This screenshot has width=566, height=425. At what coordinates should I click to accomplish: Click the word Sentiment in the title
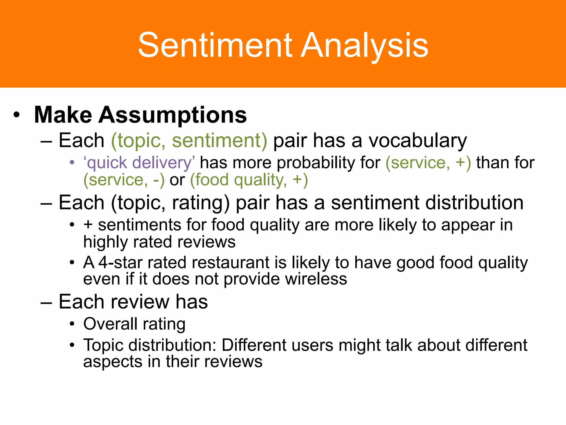tap(215, 45)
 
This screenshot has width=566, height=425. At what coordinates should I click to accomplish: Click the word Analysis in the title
tap(364, 45)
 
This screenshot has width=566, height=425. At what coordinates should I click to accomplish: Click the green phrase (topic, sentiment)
tap(189, 141)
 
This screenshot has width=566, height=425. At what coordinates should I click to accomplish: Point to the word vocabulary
tap(418, 141)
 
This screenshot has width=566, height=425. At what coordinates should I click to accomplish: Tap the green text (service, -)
tap(124, 180)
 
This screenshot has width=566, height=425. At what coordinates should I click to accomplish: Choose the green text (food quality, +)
tap(249, 180)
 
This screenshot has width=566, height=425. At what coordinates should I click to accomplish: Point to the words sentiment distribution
tap(427, 203)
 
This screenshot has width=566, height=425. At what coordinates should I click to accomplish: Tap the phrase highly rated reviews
tap(159, 242)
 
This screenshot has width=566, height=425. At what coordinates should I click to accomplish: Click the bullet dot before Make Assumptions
tap(17, 115)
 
